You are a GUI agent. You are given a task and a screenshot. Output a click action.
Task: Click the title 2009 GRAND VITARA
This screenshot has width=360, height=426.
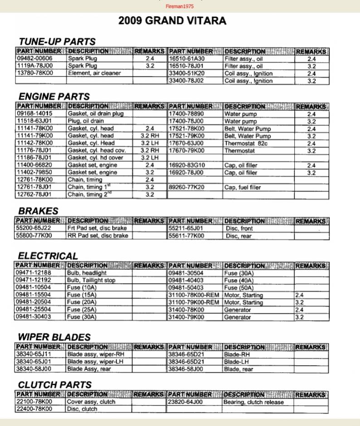point(172,21)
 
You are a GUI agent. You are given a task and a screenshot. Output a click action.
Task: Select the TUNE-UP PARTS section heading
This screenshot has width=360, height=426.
point(57,42)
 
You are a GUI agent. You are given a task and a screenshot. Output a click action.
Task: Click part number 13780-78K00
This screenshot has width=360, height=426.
point(34,73)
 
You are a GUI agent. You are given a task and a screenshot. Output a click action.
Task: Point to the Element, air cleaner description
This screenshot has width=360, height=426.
point(94,73)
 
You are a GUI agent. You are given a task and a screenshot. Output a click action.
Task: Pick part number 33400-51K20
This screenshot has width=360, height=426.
point(186,73)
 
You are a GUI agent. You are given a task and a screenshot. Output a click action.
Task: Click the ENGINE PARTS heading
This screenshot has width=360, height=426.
point(54,96)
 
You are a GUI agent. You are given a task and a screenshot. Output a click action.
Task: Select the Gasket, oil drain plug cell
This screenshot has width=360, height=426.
point(95,113)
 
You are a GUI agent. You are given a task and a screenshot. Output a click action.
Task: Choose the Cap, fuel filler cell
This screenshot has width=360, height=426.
point(243,187)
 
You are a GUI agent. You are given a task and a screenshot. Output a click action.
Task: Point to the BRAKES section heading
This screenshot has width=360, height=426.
point(38,211)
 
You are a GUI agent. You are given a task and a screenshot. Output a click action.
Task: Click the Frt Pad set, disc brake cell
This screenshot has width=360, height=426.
point(97,228)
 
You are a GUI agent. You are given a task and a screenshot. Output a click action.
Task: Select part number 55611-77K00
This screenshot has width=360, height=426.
point(186,236)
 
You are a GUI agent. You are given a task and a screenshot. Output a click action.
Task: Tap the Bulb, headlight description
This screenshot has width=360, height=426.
point(87,273)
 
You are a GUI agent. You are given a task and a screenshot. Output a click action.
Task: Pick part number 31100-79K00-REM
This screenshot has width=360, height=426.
point(194,302)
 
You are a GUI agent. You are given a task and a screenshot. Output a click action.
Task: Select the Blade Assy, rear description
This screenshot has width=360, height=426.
point(89,369)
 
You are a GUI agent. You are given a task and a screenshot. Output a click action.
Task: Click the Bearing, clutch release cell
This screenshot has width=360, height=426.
point(253,402)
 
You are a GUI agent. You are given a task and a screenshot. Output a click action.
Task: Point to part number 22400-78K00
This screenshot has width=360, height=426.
point(34,409)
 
